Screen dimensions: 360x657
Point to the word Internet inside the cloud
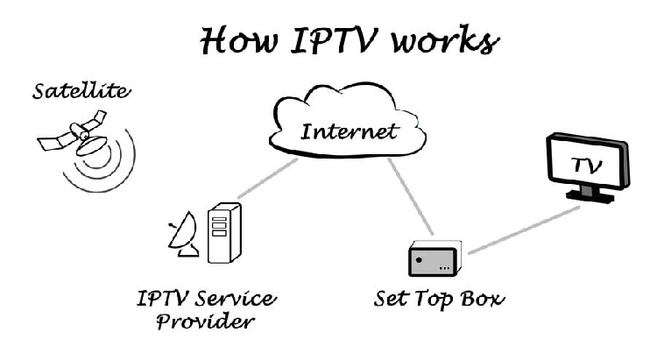pyautogui.click(x=350, y=132)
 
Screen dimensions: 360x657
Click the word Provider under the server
pyautogui.click(x=205, y=322)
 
